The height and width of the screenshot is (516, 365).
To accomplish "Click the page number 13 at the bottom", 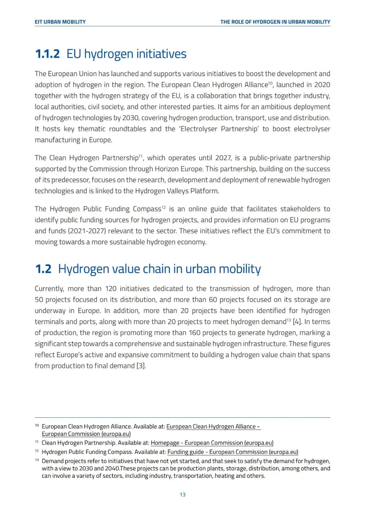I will (182, 495).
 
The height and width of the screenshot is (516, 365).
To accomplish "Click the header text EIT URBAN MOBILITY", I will (60, 22).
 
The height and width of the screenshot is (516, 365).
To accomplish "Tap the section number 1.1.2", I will (47, 54).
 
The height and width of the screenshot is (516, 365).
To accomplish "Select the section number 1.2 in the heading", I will (43, 269).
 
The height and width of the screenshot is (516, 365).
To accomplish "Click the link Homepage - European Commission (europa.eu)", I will (212, 443).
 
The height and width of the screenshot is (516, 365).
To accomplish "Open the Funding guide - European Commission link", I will (233, 452).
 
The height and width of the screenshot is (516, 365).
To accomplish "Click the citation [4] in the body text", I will (297, 322).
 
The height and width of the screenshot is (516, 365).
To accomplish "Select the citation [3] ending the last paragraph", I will (141, 366).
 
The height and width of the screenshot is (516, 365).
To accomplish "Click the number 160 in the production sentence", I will (195, 333).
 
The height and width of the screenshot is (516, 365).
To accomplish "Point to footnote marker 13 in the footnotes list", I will (37, 460).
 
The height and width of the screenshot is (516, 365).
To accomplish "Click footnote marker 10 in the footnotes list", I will (37, 425).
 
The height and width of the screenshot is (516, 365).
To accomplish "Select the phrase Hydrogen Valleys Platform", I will (176, 191).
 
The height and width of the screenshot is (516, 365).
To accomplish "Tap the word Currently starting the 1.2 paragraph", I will (49, 289).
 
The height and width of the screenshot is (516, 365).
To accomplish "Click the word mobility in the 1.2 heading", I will (240, 269).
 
